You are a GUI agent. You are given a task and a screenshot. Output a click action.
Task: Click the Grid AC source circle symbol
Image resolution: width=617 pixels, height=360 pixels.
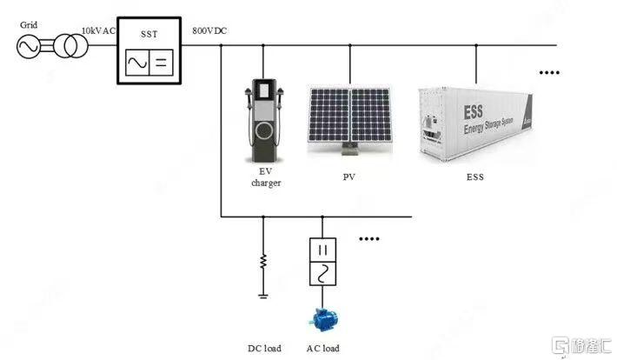(28, 46)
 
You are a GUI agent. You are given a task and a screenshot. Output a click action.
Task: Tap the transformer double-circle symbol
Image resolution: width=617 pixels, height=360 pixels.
(71, 46)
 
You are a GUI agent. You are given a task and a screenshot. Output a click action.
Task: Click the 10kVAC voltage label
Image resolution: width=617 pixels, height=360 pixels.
(98, 30)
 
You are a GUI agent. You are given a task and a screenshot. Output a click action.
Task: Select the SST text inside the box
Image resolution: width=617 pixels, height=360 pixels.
(149, 34)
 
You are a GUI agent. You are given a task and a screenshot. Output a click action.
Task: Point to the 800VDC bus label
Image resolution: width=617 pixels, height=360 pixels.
(209, 30)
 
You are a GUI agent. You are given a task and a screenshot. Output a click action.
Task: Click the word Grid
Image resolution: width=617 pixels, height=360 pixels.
(29, 25)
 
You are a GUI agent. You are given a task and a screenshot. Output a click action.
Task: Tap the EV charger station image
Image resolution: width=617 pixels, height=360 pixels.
(264, 121)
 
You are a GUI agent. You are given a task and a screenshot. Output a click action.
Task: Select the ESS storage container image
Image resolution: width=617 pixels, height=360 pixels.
(475, 124)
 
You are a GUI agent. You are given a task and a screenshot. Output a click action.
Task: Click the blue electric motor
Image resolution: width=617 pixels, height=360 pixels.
(323, 319)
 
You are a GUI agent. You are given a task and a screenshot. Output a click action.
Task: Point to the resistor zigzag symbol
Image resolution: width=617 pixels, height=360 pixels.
(263, 262)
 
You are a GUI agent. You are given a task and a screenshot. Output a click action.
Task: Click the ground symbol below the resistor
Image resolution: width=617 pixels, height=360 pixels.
(263, 296)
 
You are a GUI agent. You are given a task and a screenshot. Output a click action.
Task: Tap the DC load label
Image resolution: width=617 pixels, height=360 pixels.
(264, 348)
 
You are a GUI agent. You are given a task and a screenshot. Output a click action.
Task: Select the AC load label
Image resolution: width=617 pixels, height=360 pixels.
(323, 348)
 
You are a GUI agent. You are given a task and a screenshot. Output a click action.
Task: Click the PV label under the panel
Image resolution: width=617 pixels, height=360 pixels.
(349, 177)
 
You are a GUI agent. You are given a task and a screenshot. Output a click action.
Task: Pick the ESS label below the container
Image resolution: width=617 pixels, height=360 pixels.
(475, 177)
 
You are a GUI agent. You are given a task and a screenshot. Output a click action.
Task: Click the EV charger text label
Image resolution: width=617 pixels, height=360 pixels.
(266, 177)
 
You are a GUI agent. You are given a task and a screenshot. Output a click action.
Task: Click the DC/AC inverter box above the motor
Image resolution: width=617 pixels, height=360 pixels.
(322, 262)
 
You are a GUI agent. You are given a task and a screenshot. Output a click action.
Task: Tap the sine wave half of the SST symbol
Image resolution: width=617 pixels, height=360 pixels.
(137, 63)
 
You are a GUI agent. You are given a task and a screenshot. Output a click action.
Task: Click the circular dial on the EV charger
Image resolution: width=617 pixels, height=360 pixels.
(264, 131)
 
